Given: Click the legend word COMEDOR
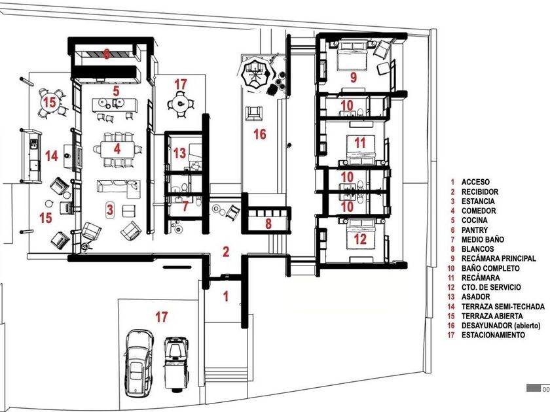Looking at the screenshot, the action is (479, 211).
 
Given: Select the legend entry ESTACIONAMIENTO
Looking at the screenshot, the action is (493, 335).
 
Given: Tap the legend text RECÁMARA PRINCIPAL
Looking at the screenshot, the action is (498, 258).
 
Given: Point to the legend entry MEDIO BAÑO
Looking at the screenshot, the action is (483, 239).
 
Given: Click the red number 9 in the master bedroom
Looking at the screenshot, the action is (354, 77).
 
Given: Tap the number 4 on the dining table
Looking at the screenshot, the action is (117, 149).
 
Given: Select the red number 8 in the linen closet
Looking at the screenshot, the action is (268, 224).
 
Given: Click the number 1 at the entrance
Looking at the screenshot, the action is (226, 296).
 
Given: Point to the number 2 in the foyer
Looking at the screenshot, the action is (226, 252).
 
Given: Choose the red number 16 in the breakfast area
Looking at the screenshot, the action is (259, 134).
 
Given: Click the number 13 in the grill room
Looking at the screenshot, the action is (179, 153).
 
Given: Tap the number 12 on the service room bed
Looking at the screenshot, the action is (360, 239).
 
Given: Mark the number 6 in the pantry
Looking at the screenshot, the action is (106, 54).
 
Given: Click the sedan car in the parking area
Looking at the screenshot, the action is (139, 363).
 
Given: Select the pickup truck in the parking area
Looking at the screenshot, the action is (175, 364).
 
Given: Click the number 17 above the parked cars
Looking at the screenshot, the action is (161, 317).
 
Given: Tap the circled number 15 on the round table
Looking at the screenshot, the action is (50, 102).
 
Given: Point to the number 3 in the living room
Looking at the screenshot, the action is (110, 210).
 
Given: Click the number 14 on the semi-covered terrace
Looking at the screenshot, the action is (51, 156).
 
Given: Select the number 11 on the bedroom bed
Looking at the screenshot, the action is (360, 143).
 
